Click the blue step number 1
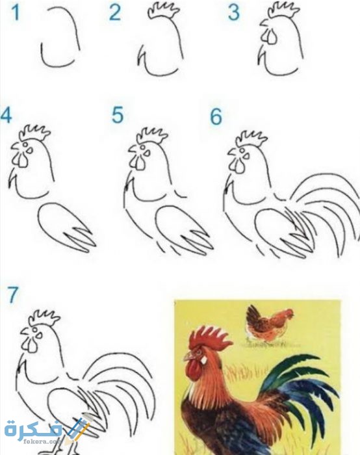pyautogui.click(x=16, y=13)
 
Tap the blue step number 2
pyautogui.click(x=115, y=13)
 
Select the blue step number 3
pyautogui.click(x=234, y=13)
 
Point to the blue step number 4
pyautogui.click(x=6, y=115)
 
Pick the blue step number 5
pyautogui.click(x=118, y=115)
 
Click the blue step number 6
pyautogui.click(x=216, y=116)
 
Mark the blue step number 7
pyautogui.click(x=12, y=295)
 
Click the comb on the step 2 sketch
pyautogui.click(x=163, y=11)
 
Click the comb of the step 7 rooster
pyautogui.click(x=44, y=318)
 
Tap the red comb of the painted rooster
pyautogui.click(x=209, y=338)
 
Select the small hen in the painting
pyautogui.click(x=269, y=322)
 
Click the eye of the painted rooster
pyautogui.click(x=198, y=352)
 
